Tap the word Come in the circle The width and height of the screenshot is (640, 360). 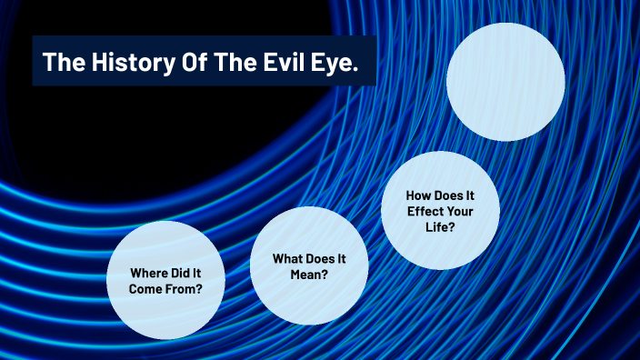point(144,289)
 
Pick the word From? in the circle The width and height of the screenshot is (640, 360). point(182,289)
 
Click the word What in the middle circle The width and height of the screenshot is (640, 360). point(288,258)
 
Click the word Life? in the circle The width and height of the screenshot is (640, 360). point(440,227)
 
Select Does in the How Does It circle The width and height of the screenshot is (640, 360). point(452,195)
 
